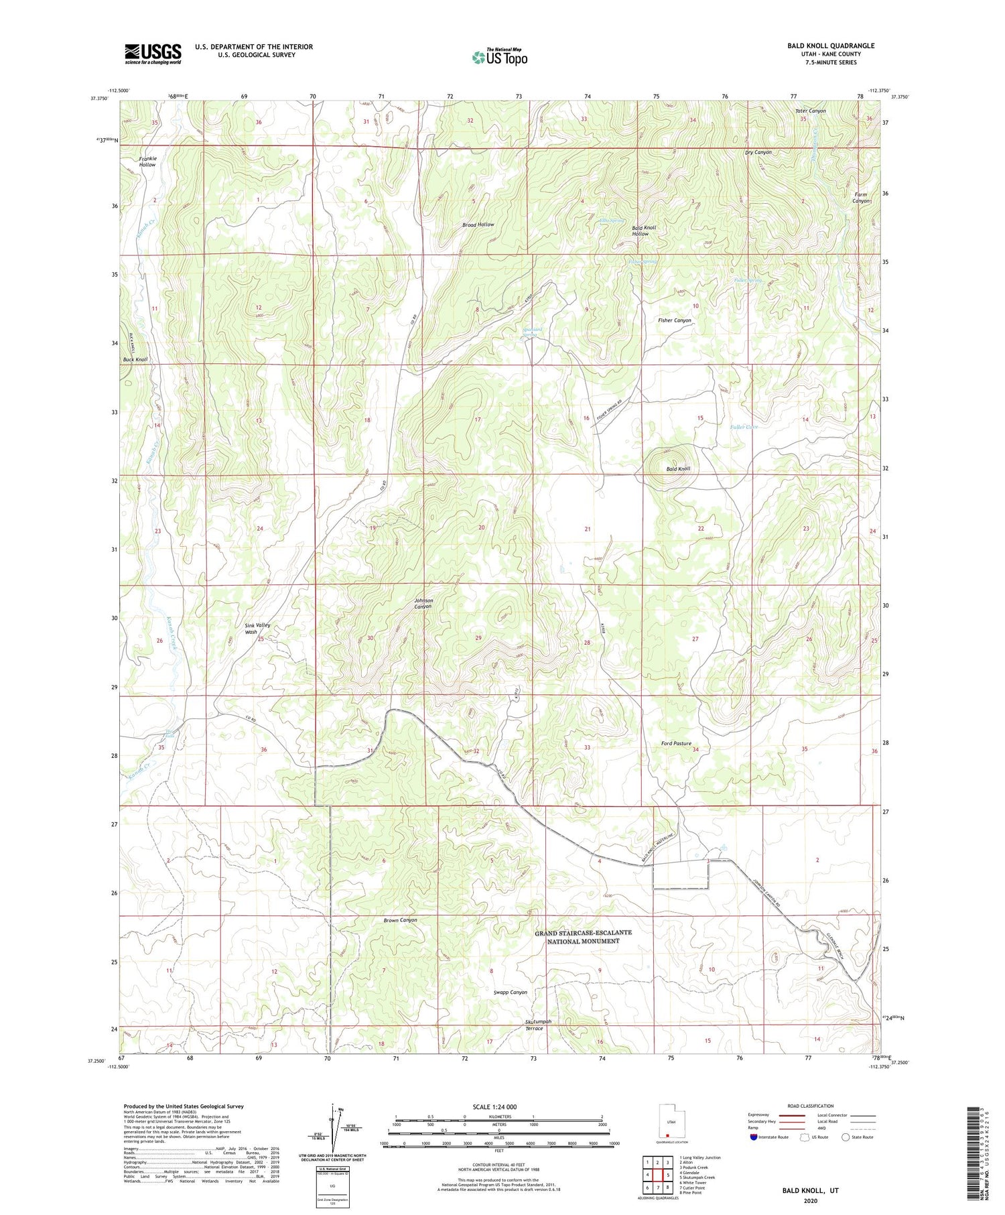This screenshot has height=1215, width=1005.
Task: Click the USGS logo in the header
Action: click(x=153, y=54)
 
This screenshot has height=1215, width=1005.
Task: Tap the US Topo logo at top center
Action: click(x=500, y=58)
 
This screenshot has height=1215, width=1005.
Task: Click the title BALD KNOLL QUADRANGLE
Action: click(x=831, y=46)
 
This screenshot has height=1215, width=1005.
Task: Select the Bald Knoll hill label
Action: click(x=678, y=468)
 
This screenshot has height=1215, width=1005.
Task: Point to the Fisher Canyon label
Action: click(x=674, y=320)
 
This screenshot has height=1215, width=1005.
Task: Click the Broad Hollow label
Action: click(x=478, y=225)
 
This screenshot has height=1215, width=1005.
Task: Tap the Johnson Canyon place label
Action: click(x=423, y=603)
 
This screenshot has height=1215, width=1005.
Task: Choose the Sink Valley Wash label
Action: click(x=258, y=628)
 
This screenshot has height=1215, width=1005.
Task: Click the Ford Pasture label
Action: click(x=676, y=743)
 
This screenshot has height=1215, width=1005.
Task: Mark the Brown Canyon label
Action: click(x=400, y=920)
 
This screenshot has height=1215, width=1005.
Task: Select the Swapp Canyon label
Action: click(x=510, y=992)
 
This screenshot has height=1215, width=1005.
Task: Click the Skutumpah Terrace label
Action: click(x=537, y=1025)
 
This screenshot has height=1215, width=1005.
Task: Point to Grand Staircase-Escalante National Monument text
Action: click(x=583, y=936)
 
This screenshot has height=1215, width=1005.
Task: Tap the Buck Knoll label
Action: click(x=135, y=360)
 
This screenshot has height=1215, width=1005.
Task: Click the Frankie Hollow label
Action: click(x=147, y=162)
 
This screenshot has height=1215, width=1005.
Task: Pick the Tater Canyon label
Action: click(x=810, y=111)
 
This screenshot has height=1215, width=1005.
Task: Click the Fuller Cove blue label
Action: click(x=744, y=427)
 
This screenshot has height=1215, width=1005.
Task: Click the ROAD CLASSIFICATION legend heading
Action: click(x=810, y=1106)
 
